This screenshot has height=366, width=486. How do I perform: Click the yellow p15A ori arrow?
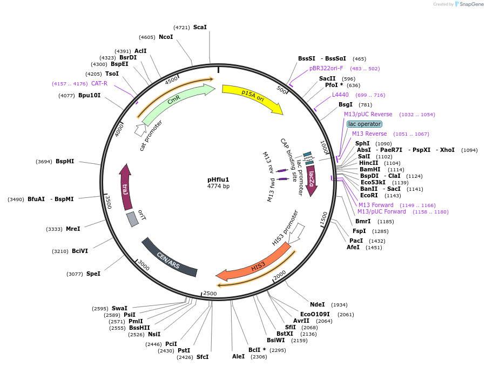point(252,96)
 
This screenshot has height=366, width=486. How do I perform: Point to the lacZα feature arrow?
point(311,181)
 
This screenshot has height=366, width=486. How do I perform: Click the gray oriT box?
point(132,219)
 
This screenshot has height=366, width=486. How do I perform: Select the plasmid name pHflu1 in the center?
point(218,179)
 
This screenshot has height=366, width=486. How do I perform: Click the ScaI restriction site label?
point(200,27)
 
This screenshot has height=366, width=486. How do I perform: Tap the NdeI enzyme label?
point(318,304)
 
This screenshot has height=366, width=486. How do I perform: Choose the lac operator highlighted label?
point(364,124)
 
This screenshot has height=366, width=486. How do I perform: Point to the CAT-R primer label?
point(99,83)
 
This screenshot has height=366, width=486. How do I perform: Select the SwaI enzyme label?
point(119,308)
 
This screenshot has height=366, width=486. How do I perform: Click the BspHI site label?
point(65,161)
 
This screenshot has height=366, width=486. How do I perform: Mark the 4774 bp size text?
point(218,187)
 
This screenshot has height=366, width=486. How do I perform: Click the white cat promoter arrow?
point(140,129)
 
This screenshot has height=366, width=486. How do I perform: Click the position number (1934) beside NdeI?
point(339,305)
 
